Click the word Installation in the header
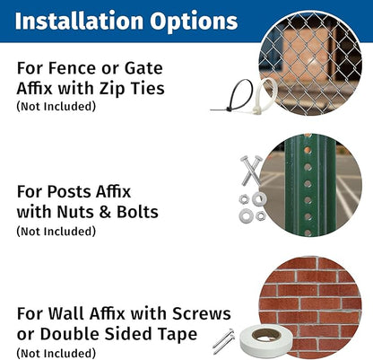[79, 21]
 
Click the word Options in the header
[194, 22]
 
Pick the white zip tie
[265, 96]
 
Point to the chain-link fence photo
[310, 64]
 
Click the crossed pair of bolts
[251, 170]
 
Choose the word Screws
[202, 313]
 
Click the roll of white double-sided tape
[265, 341]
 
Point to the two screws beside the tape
[224, 340]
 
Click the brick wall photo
[310, 308]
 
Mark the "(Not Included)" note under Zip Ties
[56, 106]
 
